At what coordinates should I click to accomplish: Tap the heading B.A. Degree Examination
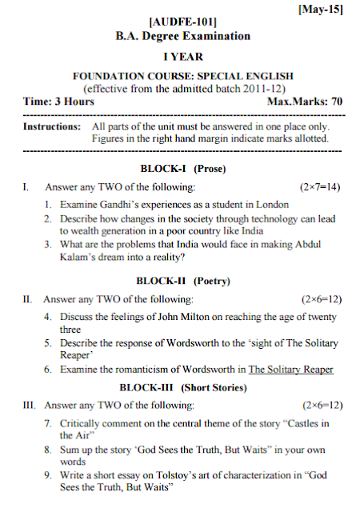pyautogui.click(x=183, y=36)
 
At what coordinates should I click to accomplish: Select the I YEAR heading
pyautogui.click(x=183, y=57)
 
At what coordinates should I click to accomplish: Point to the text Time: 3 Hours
pyautogui.click(x=58, y=102)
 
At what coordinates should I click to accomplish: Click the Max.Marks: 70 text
pyautogui.click(x=304, y=102)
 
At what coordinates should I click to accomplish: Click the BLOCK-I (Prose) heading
pyautogui.click(x=183, y=169)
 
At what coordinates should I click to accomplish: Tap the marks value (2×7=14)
pyautogui.click(x=319, y=187)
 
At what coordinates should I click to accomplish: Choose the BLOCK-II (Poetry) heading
pyautogui.click(x=183, y=281)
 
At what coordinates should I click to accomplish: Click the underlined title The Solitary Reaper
pyautogui.click(x=290, y=370)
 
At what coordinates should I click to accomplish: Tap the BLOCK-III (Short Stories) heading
pyautogui.click(x=183, y=387)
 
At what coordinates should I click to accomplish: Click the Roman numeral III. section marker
pyautogui.click(x=30, y=405)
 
